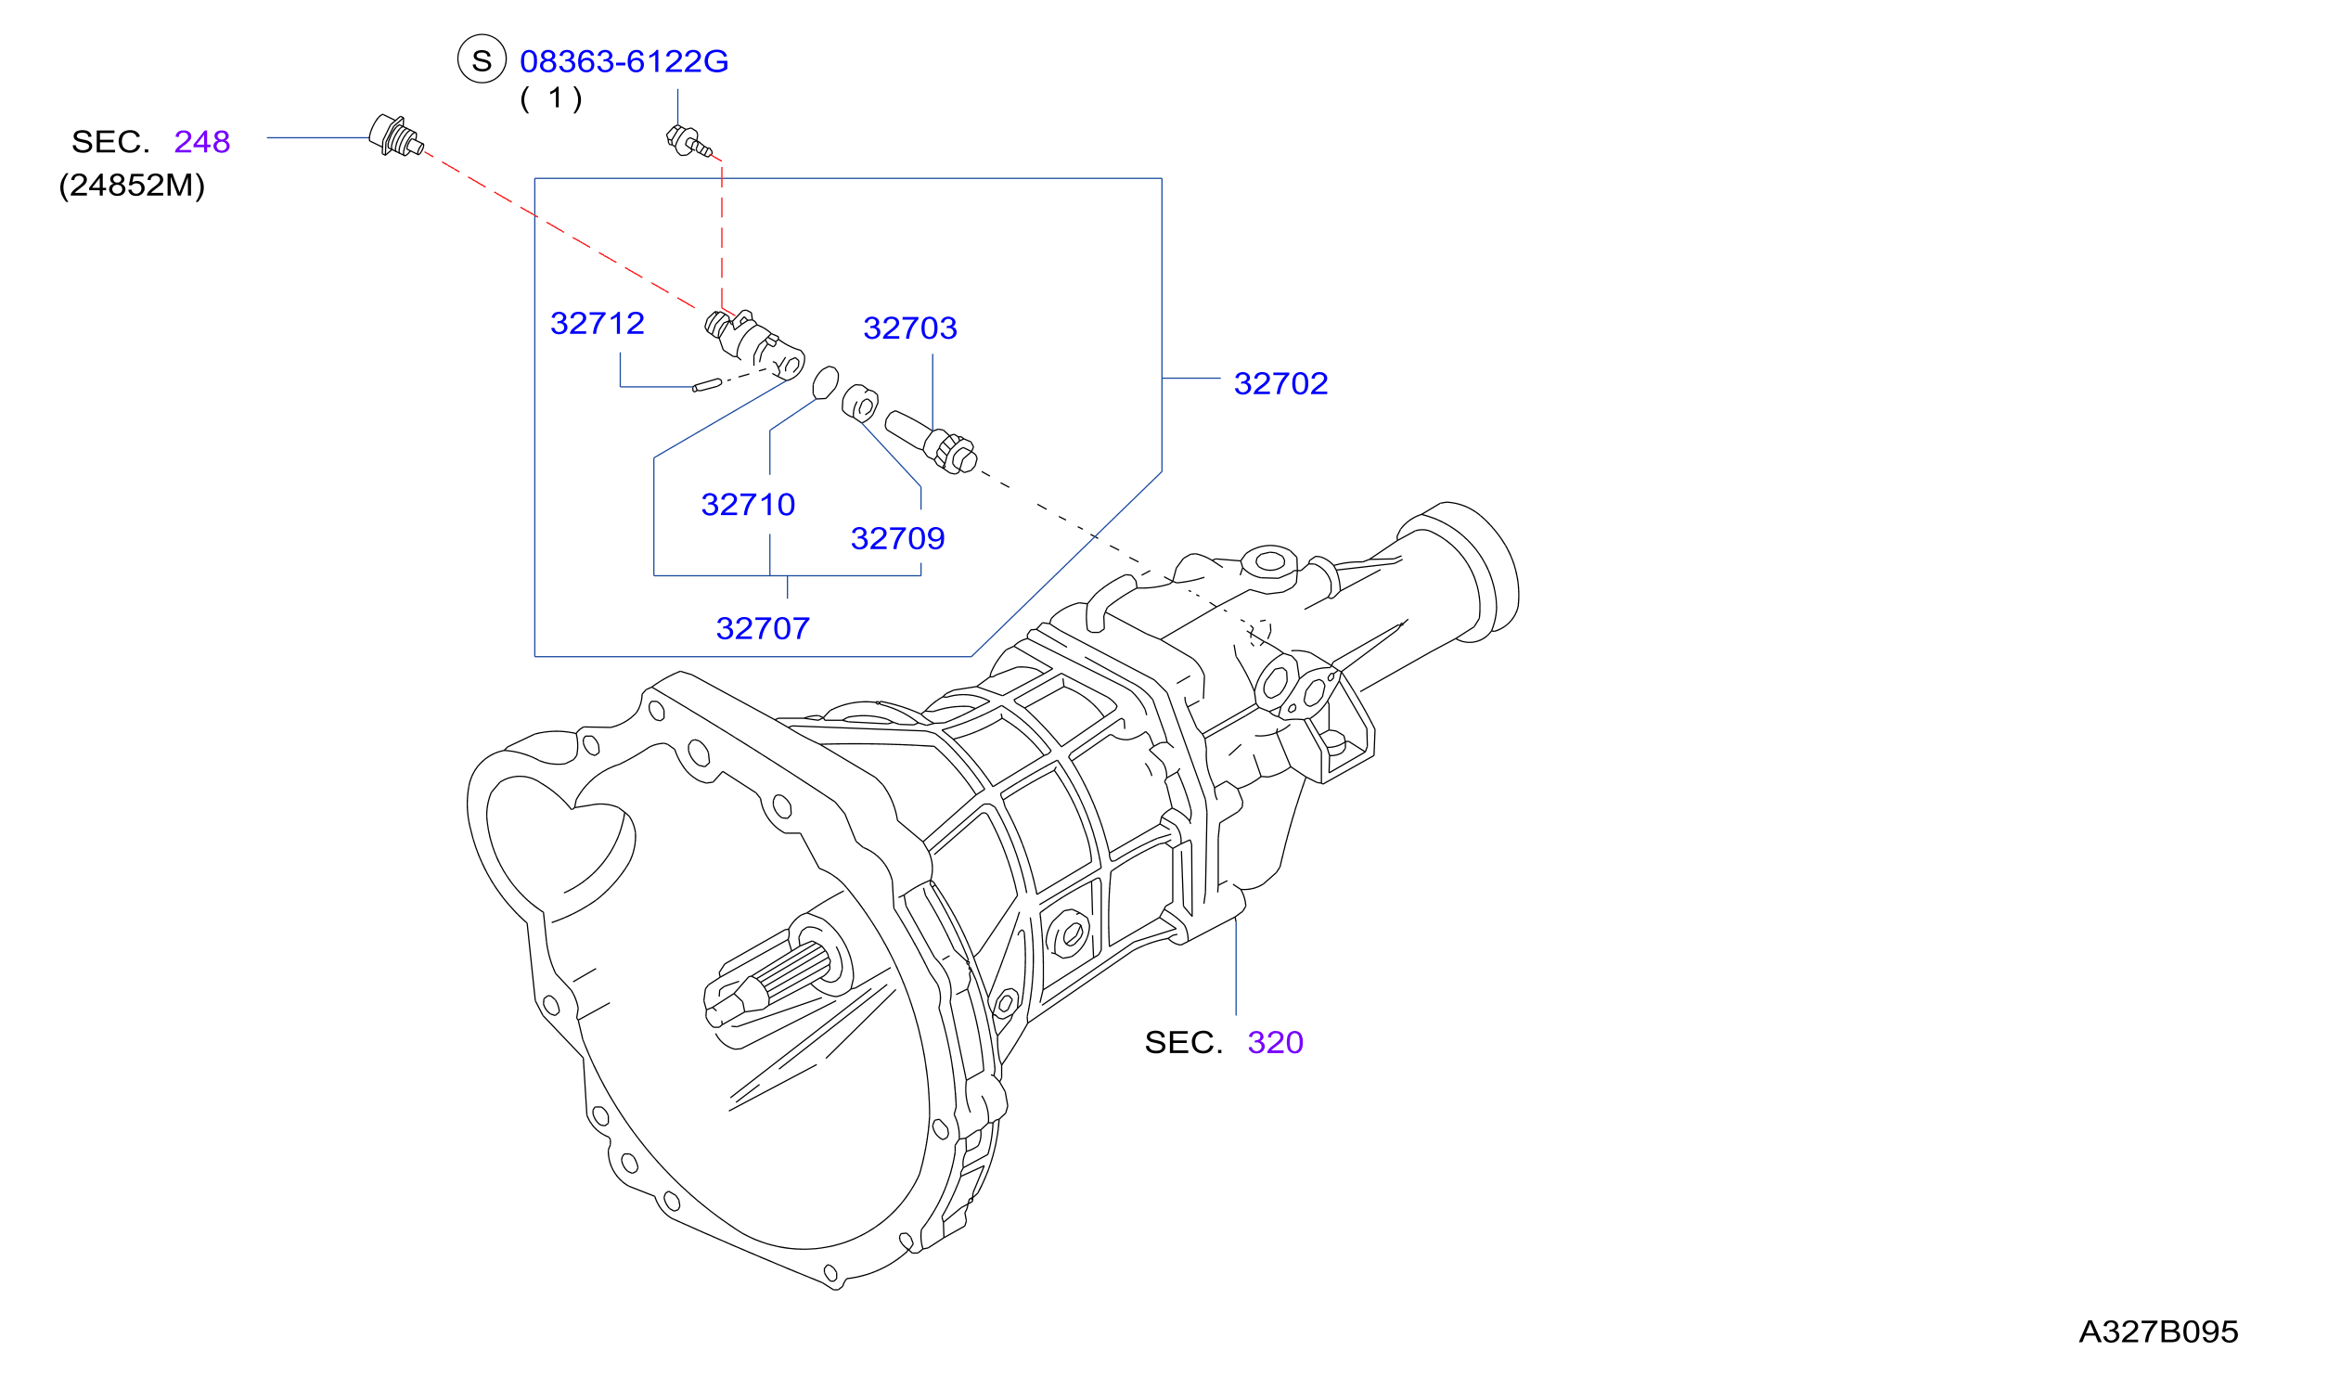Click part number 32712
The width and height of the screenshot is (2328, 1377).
point(597,323)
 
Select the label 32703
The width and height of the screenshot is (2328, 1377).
point(909,328)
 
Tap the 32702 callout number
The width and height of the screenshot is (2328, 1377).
point(1280,383)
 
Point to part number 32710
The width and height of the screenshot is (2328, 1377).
point(748,505)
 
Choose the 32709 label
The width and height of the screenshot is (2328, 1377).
point(897,538)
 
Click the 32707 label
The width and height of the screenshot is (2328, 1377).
point(763,628)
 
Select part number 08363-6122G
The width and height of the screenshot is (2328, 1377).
point(624,61)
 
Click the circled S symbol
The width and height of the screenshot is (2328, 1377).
point(482,59)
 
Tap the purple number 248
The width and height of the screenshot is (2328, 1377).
point(201,142)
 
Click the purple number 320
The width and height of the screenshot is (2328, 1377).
point(1275,1042)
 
